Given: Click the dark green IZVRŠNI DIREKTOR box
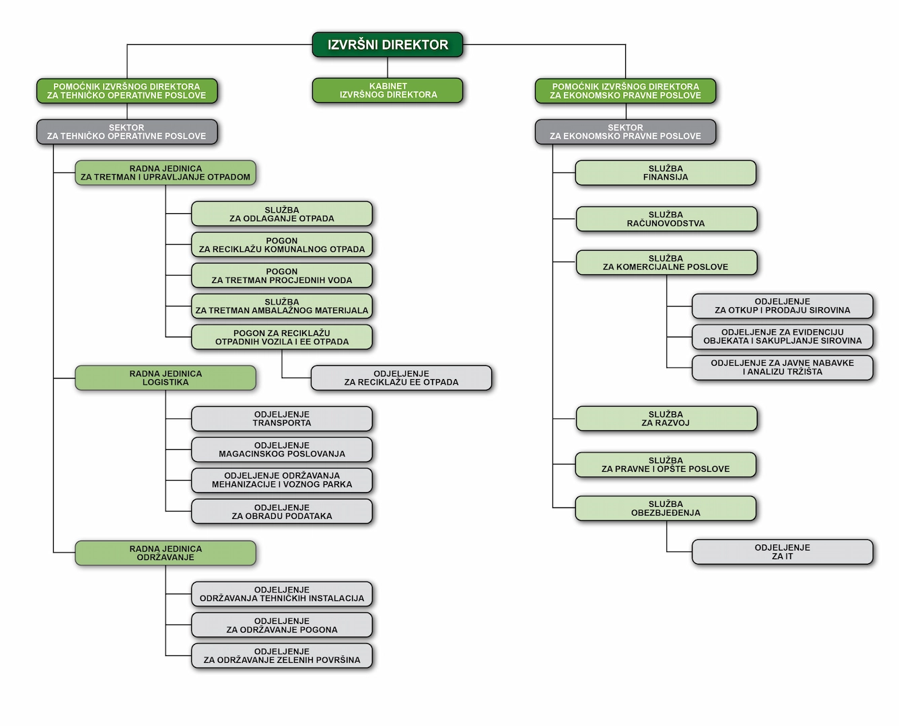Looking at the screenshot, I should point(388,45).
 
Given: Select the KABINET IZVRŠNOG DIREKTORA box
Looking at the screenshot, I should point(388,91).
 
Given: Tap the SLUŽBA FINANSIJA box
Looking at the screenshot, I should point(666,173).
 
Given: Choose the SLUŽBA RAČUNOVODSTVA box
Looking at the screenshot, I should point(666,219).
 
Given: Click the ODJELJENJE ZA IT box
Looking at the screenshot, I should point(782,552).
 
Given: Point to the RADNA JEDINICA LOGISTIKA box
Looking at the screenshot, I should point(166,378).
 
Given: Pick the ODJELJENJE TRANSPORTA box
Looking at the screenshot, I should point(281,419).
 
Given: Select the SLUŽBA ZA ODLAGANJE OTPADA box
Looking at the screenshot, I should point(281,214).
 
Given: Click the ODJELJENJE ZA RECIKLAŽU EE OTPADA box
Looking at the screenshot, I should point(401,378).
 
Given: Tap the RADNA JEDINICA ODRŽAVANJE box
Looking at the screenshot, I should point(166,553).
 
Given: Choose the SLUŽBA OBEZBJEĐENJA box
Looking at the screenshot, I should point(666,508).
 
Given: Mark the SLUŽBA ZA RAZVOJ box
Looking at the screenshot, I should point(666,419).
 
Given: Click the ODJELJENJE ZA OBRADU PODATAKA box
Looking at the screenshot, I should point(281,512).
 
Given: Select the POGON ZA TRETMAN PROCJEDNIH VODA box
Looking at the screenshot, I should point(281,276).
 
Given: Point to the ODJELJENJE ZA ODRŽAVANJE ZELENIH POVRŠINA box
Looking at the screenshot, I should point(281,655).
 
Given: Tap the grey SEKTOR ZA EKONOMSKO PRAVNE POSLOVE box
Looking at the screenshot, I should point(625,132).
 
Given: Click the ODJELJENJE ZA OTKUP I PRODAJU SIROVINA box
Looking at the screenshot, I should point(782,306).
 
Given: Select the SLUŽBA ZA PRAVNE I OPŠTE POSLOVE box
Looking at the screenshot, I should point(666,465).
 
